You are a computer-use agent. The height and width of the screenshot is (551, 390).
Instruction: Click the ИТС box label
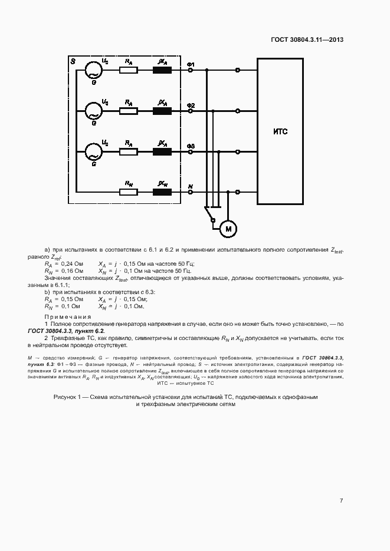coord(280,131)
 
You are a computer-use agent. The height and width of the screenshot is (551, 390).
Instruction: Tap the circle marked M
coord(227,227)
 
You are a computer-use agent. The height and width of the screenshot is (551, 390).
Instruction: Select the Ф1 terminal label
coord(191,64)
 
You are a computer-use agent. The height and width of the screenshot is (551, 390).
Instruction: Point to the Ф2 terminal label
coord(191,105)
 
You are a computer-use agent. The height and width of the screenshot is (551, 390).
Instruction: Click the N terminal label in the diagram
coord(190,186)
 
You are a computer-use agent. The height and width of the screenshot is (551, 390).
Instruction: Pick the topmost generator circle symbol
coord(93,70)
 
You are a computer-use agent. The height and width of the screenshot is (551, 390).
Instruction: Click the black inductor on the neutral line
coord(162,192)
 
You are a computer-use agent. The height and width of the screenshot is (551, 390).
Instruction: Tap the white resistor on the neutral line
coord(128,192)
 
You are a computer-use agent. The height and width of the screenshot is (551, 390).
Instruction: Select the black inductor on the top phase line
coord(162,70)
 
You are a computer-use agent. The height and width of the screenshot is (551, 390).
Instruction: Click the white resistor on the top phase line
coord(128,70)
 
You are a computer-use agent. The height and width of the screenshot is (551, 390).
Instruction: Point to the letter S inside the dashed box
coord(73,61)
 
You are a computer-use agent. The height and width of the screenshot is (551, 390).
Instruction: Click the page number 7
coord(341,501)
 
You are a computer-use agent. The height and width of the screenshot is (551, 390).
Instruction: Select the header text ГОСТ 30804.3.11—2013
coord(307,40)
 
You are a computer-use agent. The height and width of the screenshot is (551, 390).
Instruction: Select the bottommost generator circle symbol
coord(93,151)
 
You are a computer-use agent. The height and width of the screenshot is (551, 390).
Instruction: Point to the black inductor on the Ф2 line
coord(162,111)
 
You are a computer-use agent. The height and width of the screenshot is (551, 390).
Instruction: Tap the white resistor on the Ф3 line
coord(128,151)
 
